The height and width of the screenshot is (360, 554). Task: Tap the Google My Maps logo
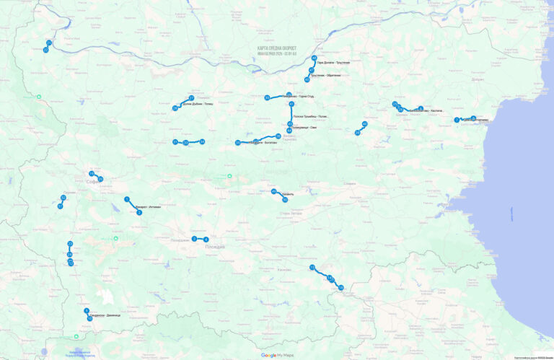pos(277,355)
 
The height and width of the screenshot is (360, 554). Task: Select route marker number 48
pos(315,58)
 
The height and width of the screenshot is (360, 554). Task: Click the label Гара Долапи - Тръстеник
pos(333,63)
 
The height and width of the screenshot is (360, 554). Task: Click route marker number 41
pos(291,105)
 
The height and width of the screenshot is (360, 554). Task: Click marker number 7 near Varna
pos(457,120)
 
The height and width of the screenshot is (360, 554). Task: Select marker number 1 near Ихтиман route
pos(127,199)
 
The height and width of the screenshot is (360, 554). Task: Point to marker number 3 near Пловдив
pos(194,238)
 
